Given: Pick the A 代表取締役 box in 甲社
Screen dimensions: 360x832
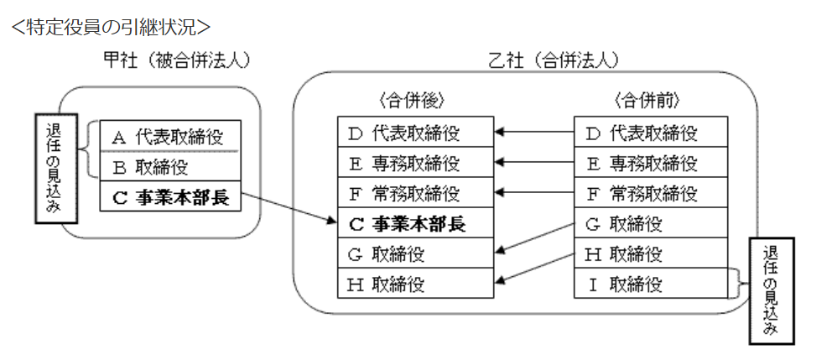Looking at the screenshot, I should (x=169, y=135).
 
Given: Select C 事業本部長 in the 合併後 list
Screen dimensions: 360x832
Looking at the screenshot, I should (x=415, y=224).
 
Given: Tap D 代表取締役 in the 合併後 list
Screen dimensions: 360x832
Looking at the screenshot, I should (x=415, y=133).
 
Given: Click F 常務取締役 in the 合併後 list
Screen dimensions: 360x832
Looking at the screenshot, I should (x=415, y=194).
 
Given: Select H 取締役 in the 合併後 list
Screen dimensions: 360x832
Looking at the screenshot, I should (x=415, y=284).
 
